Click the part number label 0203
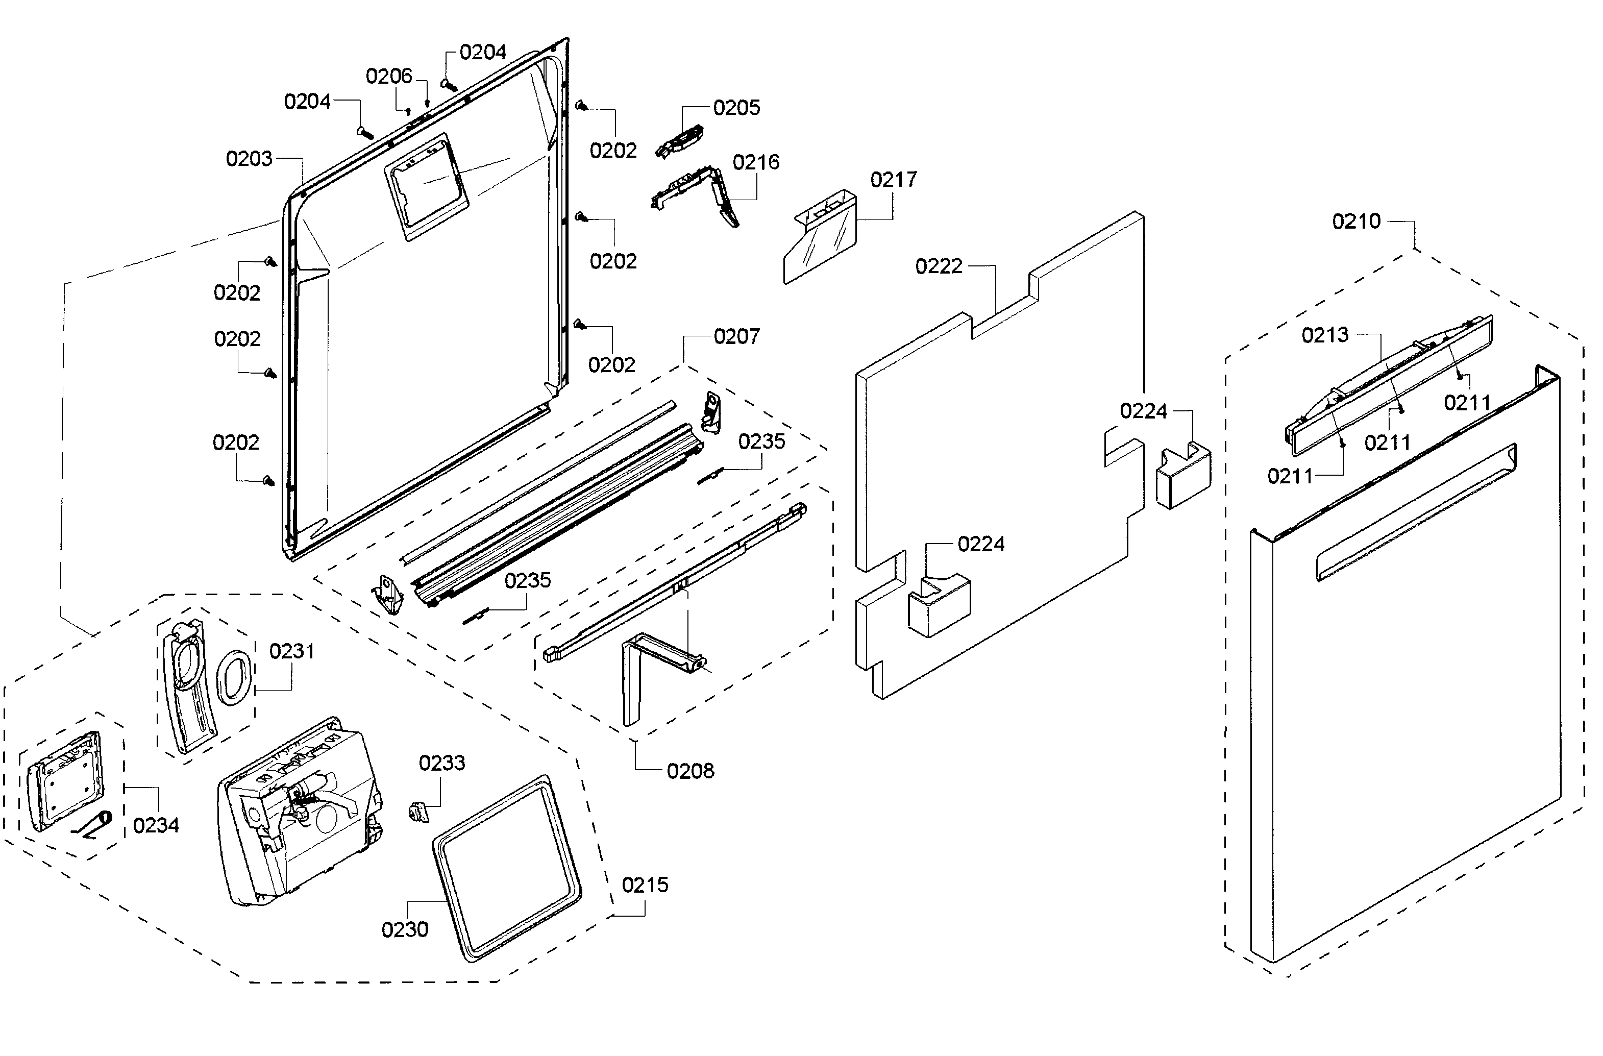click(249, 159)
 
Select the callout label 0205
click(736, 108)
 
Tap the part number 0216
click(756, 162)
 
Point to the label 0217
click(893, 180)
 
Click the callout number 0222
click(938, 267)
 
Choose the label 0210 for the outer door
click(1356, 222)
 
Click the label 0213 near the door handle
click(1324, 335)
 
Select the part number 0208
click(689, 771)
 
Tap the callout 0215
click(645, 885)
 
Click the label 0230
click(404, 929)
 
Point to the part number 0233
click(441, 763)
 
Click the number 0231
click(291, 651)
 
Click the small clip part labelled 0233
click(418, 811)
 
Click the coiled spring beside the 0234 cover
click(94, 825)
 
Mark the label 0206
click(388, 76)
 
